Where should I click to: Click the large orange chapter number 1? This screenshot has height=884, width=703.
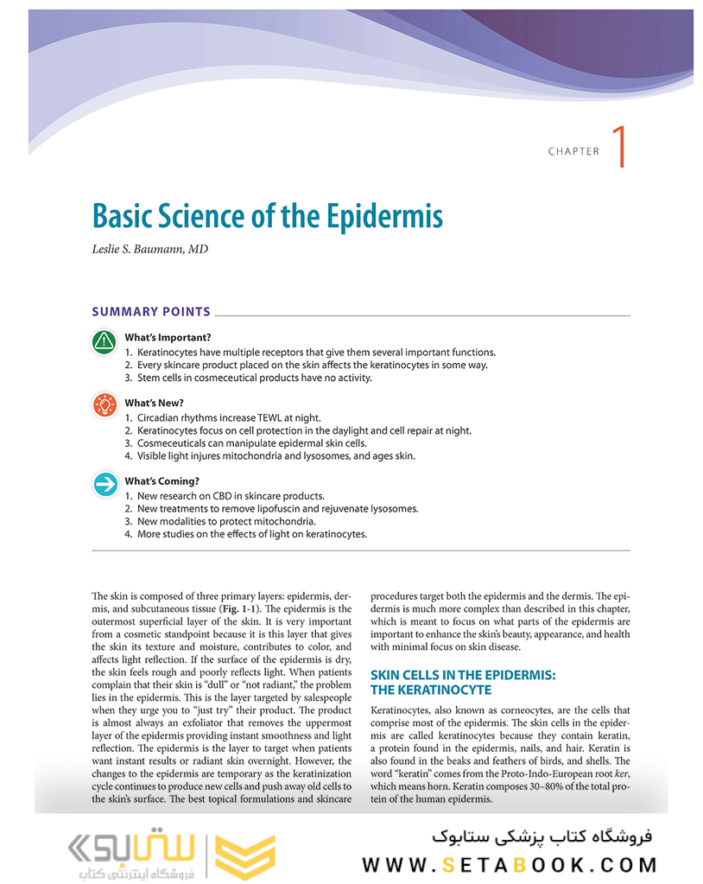coord(618,147)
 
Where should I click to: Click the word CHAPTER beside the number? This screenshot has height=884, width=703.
coord(573,151)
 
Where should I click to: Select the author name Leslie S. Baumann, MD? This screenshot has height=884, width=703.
coord(149,250)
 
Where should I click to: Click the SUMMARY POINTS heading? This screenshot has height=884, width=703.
coord(151,312)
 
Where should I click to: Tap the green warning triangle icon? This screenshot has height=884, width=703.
coord(104,342)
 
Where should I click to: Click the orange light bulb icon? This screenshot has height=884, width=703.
coord(104,404)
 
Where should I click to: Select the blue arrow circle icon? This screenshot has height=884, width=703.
coord(104,485)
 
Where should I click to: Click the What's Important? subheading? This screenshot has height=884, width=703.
coord(168,337)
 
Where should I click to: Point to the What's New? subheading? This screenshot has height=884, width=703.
coord(154,403)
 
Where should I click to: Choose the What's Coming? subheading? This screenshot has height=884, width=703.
coord(161,481)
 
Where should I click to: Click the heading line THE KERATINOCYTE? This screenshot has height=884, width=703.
coord(430,690)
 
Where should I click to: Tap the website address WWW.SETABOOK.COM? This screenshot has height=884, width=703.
coord(510,864)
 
